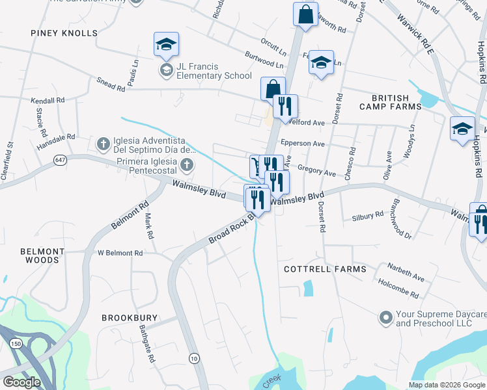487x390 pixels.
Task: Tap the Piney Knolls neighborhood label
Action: click(64, 32)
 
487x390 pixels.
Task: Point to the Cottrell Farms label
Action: click(326, 268)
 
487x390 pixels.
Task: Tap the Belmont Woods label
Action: click(43, 255)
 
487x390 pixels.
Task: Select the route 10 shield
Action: click(193, 358)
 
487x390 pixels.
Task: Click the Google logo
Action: click(22, 382)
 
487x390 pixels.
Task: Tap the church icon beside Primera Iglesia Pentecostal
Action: click(188, 164)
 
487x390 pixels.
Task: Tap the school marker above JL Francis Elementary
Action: click(166, 44)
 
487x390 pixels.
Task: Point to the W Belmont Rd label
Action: click(120, 253)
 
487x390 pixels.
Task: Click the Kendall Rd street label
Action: click(48, 101)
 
